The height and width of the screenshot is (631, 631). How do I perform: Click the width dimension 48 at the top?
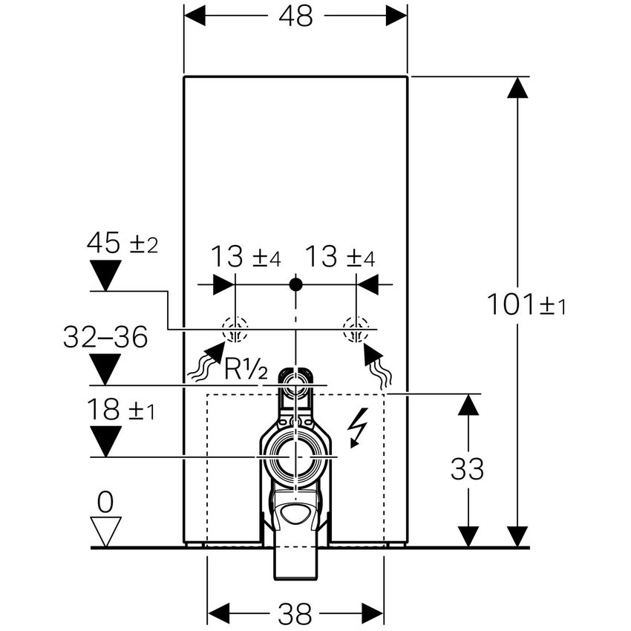click(x=295, y=17)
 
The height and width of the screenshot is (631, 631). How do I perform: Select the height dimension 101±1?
click(x=526, y=304)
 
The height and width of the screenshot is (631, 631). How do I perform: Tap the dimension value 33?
click(x=467, y=469)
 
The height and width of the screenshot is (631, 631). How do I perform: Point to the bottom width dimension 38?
click(x=295, y=613)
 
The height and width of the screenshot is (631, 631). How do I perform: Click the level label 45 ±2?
click(x=122, y=243)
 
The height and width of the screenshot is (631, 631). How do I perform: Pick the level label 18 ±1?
click(x=121, y=410)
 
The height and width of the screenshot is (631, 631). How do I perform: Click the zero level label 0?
click(x=105, y=503)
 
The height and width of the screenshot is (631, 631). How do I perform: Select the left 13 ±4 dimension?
click(x=246, y=258)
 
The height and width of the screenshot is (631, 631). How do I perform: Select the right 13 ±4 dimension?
click(x=340, y=258)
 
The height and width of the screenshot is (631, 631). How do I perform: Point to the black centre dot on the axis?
click(x=295, y=284)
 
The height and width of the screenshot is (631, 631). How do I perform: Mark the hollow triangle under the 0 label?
click(x=105, y=530)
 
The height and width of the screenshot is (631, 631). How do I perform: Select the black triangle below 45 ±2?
click(x=105, y=275)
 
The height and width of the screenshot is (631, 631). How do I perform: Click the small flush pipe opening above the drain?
click(x=295, y=384)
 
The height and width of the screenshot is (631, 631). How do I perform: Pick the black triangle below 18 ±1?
click(x=105, y=441)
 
